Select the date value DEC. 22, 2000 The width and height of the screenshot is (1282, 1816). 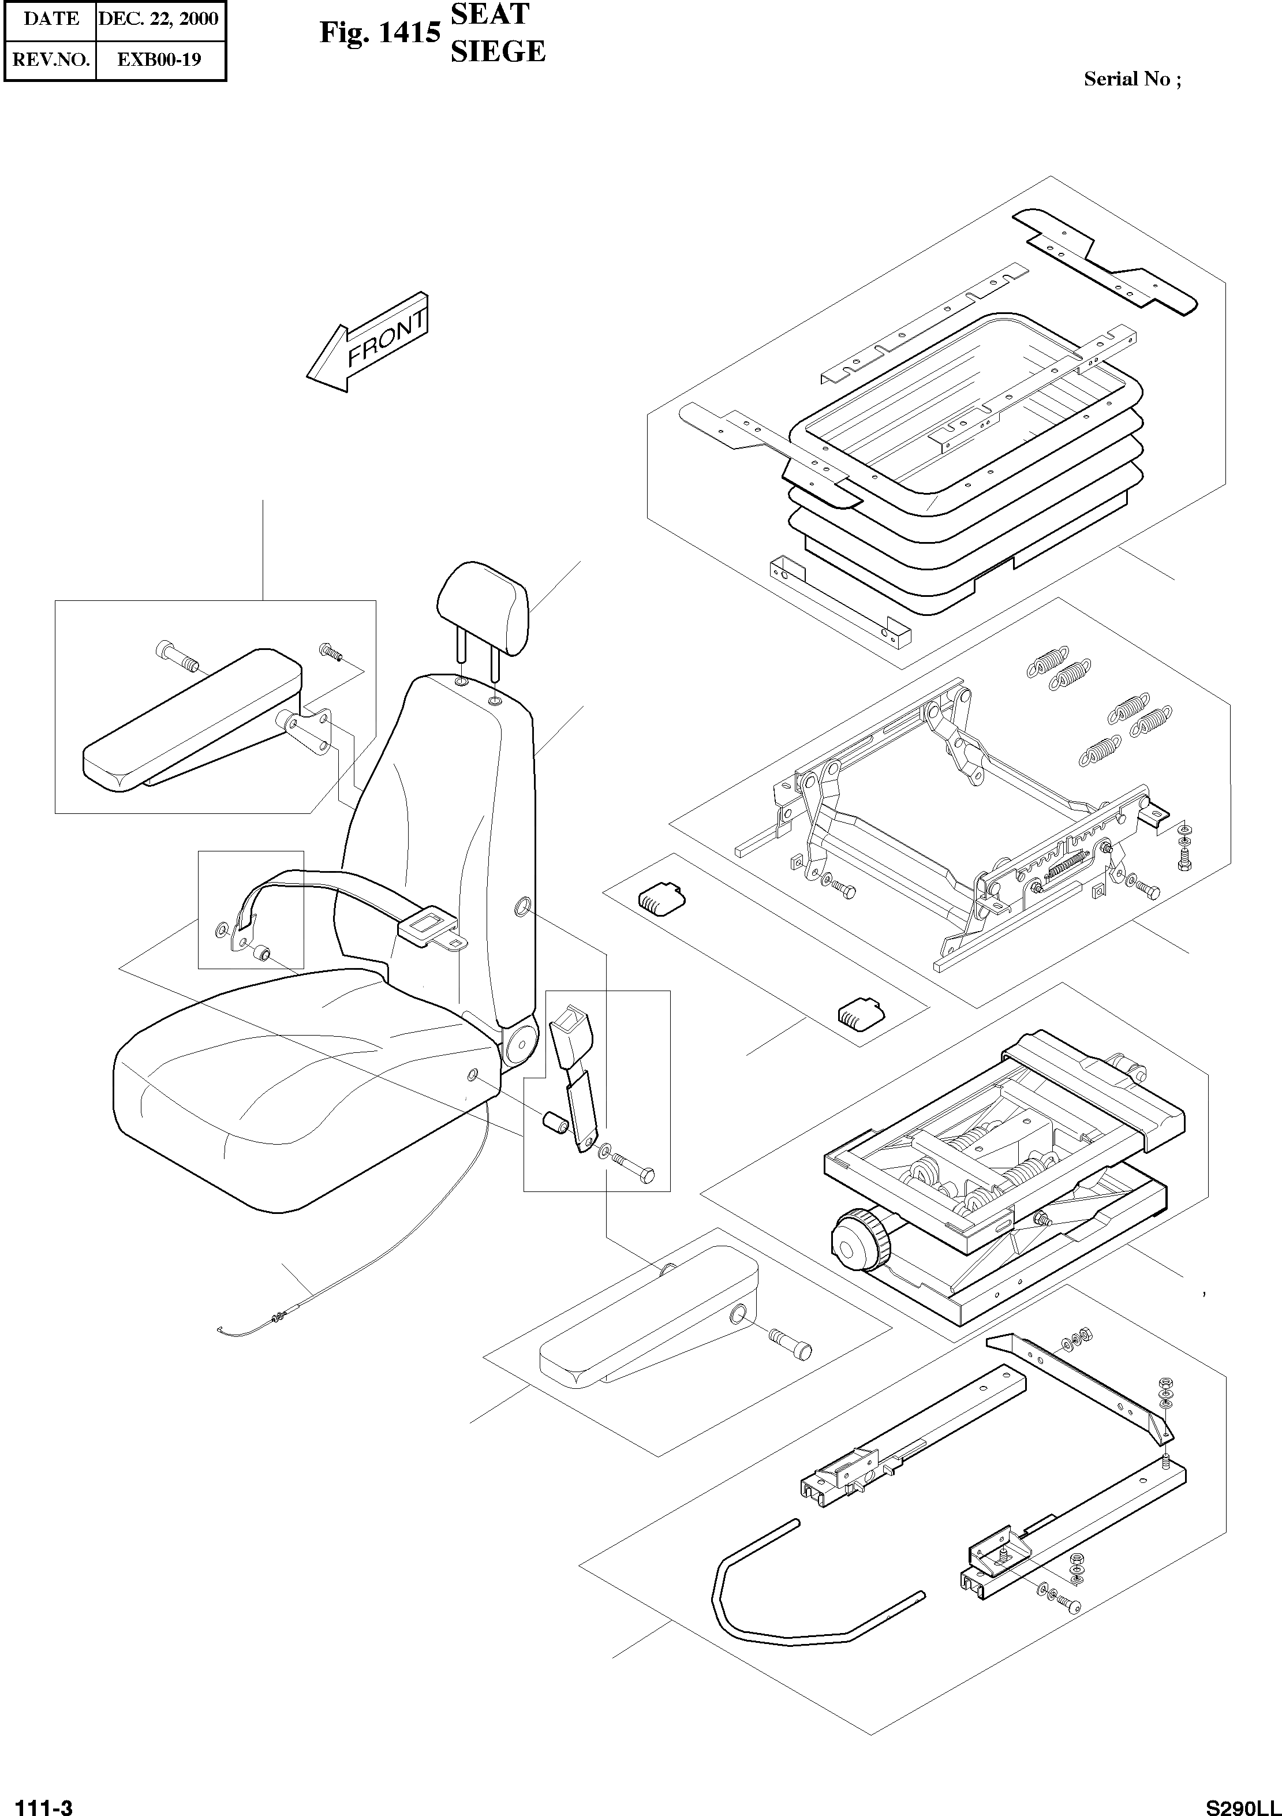[x=158, y=19]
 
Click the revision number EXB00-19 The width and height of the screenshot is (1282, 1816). [x=159, y=59]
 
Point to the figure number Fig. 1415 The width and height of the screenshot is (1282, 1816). [x=380, y=33]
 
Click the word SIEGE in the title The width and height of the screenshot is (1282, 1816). [x=498, y=52]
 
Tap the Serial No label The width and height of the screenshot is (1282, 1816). [x=1132, y=79]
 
